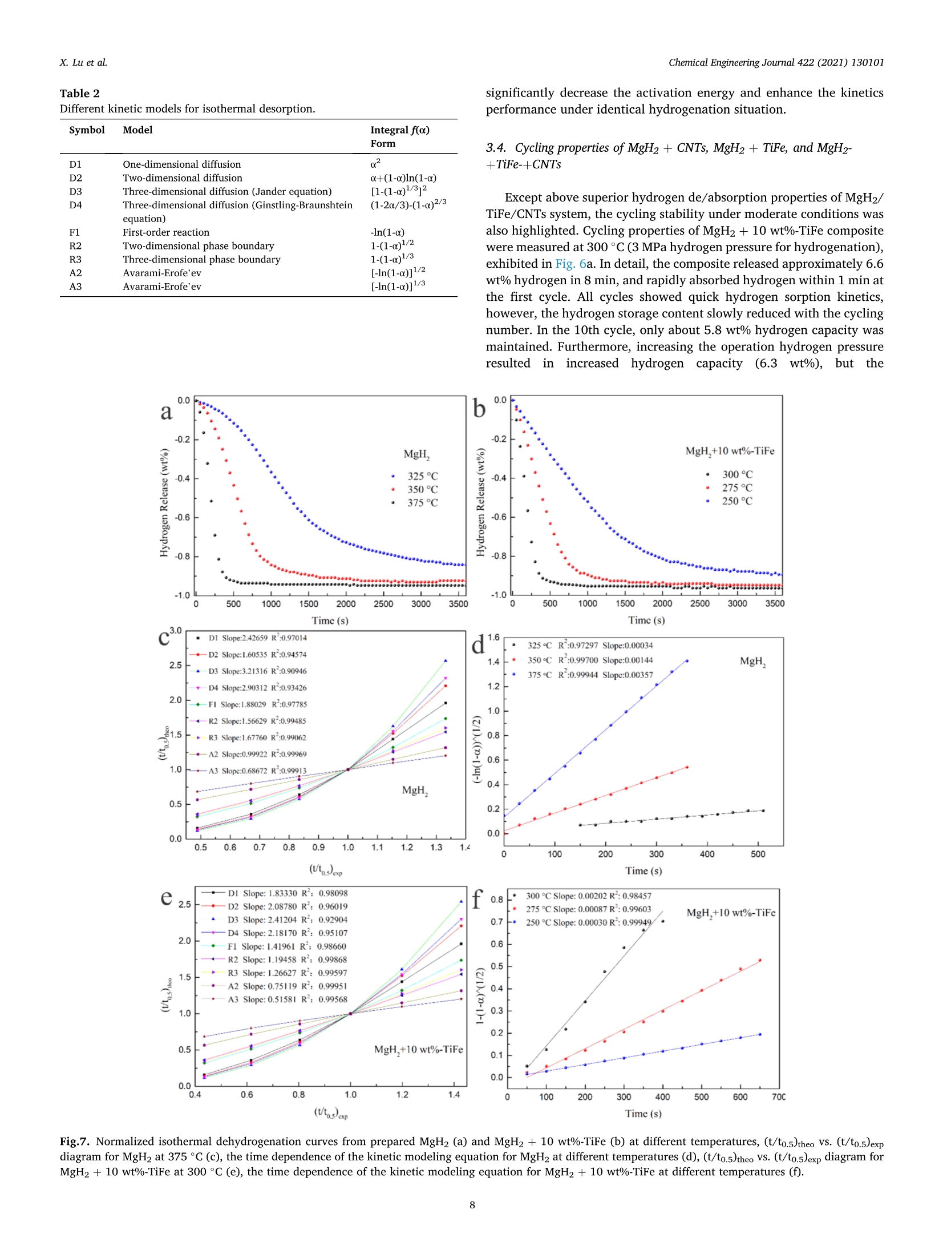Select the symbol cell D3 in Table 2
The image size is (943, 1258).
click(x=75, y=191)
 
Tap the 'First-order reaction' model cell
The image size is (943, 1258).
click(x=165, y=232)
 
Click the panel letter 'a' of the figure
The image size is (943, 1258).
click(x=166, y=412)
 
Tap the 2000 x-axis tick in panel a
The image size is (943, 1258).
click(x=346, y=604)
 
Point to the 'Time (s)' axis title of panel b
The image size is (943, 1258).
click(x=646, y=620)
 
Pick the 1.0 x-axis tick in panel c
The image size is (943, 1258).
click(x=347, y=847)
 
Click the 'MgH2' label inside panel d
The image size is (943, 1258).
click(x=752, y=662)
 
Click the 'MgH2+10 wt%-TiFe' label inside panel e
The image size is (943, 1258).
click(x=418, y=1050)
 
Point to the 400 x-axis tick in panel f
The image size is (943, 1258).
click(x=662, y=1097)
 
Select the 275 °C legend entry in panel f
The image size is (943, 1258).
click(x=588, y=909)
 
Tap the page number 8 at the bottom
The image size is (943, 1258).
click(x=472, y=1205)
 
